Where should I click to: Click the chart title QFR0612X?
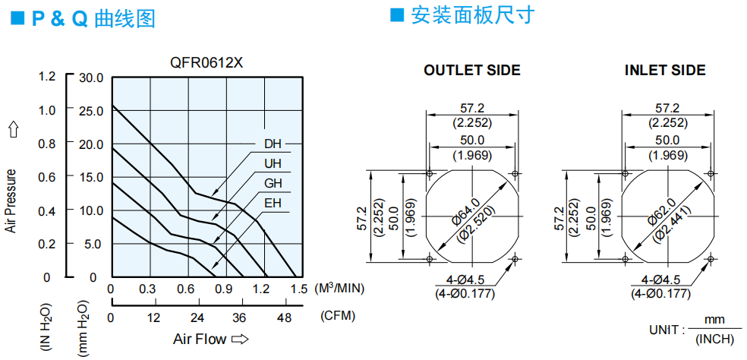206,62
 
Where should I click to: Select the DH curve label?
273,144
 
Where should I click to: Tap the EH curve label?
273,204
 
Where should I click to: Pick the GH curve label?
273,184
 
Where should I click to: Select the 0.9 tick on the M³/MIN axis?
225,289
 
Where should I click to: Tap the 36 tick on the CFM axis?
240,317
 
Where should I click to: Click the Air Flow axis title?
200,339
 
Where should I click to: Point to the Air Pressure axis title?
11,201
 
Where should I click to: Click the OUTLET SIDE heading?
472,71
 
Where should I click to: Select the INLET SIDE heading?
665,71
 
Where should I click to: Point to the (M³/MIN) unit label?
339,288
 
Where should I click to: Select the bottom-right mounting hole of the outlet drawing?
515,259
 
